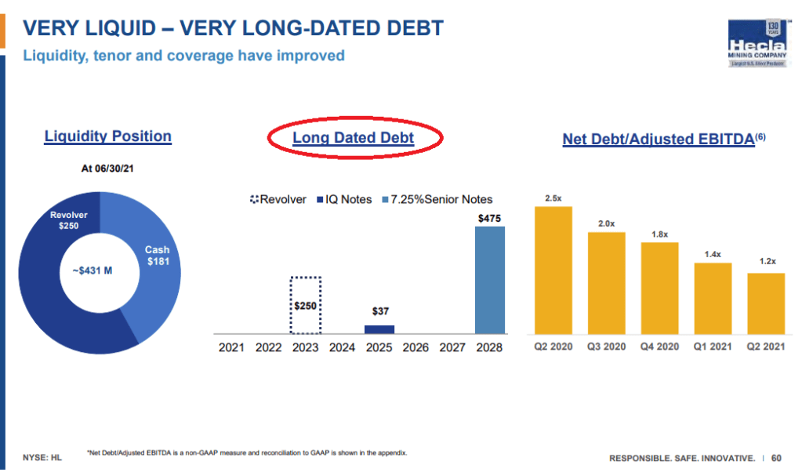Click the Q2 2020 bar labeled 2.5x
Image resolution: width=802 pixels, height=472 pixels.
tap(553, 270)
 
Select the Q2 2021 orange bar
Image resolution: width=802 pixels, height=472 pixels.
tap(766, 303)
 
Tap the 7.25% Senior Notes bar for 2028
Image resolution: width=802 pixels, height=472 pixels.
tap(490, 280)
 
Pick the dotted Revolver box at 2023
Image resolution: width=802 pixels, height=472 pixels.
tap(306, 305)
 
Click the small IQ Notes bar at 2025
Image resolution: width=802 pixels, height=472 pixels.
tap(380, 329)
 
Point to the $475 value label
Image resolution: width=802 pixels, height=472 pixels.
tap(490, 217)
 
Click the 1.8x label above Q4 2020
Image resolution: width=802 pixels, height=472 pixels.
tap(659, 234)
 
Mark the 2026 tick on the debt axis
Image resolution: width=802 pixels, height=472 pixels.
tap(416, 347)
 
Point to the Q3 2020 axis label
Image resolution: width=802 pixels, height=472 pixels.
tap(607, 347)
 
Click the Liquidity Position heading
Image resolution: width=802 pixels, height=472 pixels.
tap(108, 136)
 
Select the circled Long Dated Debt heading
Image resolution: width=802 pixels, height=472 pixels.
tap(353, 139)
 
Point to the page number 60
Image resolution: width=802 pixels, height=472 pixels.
tap(776, 457)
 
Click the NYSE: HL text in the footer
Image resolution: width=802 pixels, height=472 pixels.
tap(42, 456)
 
